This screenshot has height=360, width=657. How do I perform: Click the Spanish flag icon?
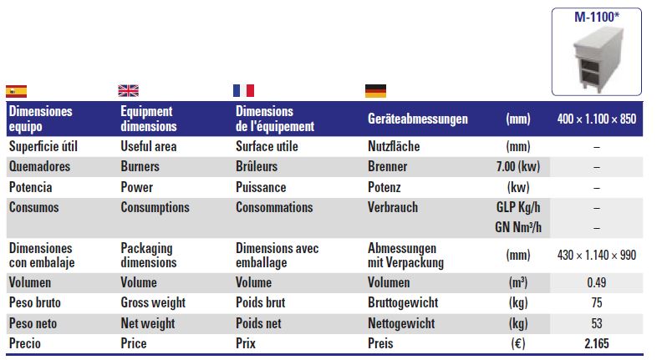click(17, 91)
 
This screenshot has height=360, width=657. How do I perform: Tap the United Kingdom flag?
click(128, 90)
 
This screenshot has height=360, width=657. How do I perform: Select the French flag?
click(243, 90)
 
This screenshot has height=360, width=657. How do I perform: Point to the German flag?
click(375, 91)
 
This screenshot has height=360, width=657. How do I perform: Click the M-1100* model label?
click(597, 17)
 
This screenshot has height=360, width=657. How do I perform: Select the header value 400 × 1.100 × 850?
click(597, 119)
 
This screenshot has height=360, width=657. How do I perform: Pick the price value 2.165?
click(597, 343)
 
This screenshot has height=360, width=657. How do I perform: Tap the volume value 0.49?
click(597, 282)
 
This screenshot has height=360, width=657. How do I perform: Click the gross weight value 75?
click(597, 302)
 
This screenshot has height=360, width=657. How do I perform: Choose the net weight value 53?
click(597, 323)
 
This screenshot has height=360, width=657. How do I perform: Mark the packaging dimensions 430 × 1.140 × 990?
click(597, 255)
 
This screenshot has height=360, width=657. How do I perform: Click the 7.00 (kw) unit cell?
click(518, 166)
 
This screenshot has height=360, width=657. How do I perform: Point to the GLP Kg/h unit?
click(518, 207)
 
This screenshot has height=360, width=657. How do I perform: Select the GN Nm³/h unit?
click(518, 227)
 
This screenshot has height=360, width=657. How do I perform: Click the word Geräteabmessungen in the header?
click(418, 119)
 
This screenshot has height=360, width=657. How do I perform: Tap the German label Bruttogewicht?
click(403, 302)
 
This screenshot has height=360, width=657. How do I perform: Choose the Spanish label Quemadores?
click(40, 166)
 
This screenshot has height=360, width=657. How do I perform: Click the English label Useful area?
click(149, 146)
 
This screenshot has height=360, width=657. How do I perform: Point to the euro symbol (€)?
click(518, 343)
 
